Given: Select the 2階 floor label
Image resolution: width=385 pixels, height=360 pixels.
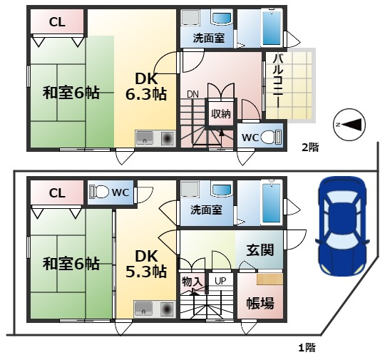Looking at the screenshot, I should click(x=310, y=147).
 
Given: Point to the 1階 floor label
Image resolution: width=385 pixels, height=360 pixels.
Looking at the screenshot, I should click(x=307, y=348).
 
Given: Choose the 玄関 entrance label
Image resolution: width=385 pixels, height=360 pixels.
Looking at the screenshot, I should click(x=260, y=251).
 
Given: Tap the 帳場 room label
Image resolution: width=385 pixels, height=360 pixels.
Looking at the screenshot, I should click(x=260, y=303).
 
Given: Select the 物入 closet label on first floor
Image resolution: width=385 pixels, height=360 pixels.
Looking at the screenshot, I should click(x=192, y=282).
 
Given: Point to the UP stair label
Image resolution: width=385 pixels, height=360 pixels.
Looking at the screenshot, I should click(x=220, y=281).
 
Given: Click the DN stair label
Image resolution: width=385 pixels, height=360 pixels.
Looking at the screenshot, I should click(x=192, y=94).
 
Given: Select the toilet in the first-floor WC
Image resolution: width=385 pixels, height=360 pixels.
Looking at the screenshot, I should click(x=101, y=191).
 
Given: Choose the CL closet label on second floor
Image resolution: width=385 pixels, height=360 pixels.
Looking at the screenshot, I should click(x=57, y=22).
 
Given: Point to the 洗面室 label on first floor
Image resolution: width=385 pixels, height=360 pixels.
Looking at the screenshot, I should click(x=207, y=210).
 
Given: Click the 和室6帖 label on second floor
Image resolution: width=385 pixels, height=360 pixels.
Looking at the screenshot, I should click(x=71, y=93).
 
